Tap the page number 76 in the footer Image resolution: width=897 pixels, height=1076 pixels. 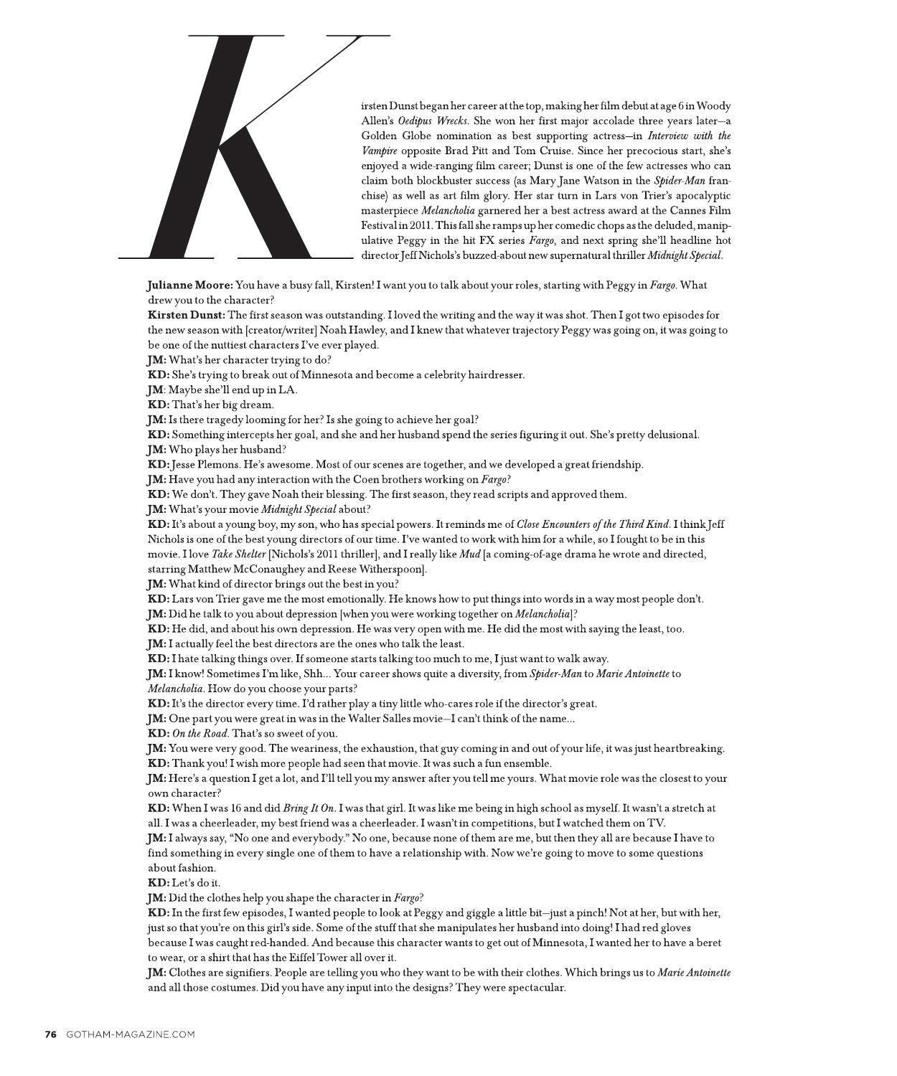click(x=50, y=1034)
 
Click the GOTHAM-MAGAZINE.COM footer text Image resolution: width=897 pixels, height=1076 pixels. click(x=130, y=1034)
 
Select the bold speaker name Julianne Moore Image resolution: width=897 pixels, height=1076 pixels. click(x=189, y=285)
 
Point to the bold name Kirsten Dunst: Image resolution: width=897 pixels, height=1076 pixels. click(x=187, y=315)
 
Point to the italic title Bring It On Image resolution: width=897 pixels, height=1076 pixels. click(x=309, y=808)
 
